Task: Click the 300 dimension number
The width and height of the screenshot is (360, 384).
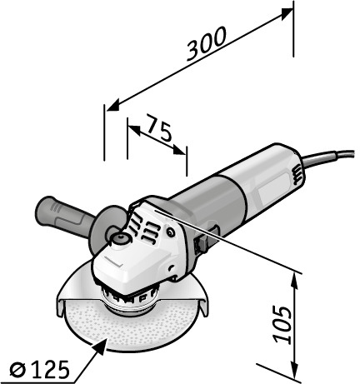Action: (206, 43)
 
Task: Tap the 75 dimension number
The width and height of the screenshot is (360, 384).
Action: (158, 128)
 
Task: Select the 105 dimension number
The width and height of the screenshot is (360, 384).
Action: (282, 324)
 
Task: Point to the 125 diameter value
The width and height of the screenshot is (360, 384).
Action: (49, 370)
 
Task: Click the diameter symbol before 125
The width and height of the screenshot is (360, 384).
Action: (17, 370)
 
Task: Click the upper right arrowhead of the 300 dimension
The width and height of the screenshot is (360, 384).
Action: (286, 14)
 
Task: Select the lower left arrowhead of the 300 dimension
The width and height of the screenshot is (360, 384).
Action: (113, 105)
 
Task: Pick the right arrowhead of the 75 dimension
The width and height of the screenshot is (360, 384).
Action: (179, 149)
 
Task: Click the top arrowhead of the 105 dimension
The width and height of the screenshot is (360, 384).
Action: (294, 282)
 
